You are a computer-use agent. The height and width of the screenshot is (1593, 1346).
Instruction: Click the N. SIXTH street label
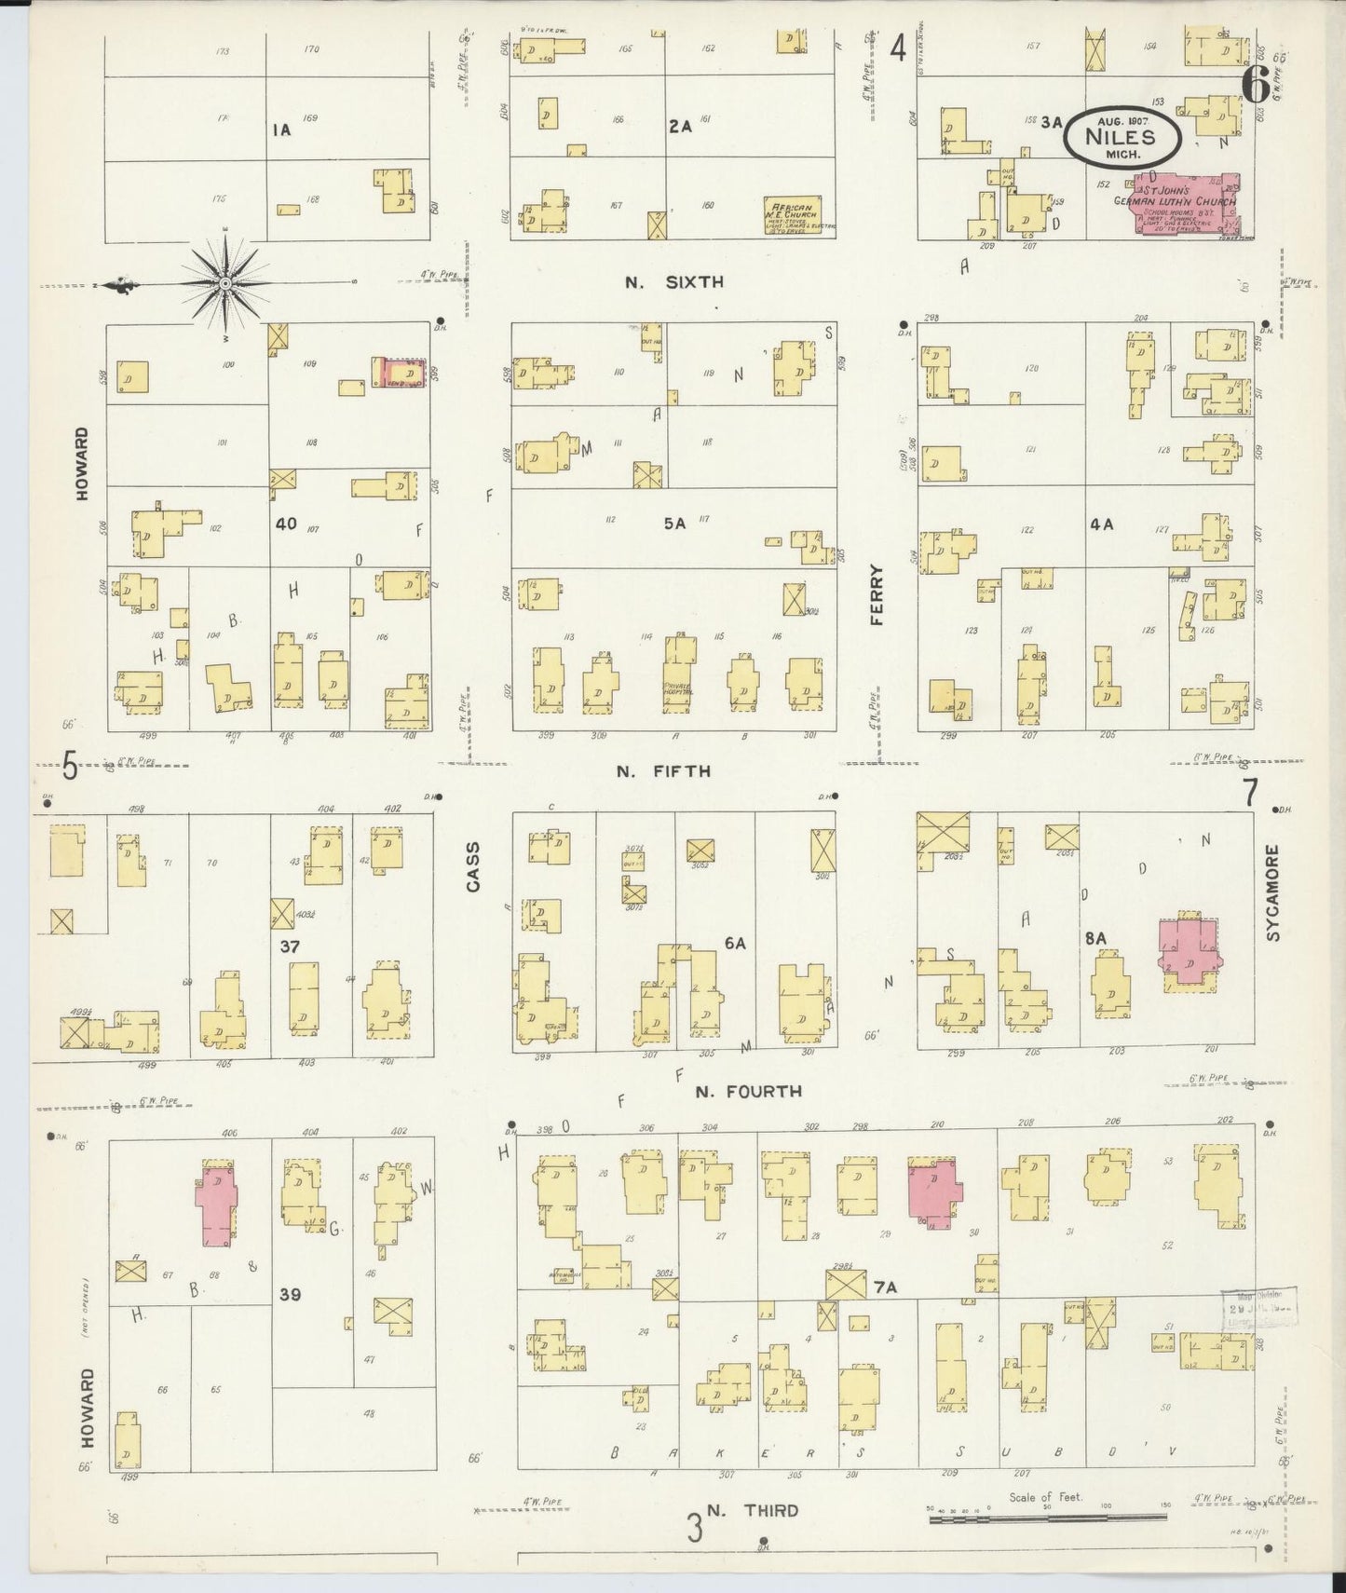pos(674,282)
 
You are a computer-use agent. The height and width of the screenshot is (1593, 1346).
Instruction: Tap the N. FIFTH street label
pos(663,771)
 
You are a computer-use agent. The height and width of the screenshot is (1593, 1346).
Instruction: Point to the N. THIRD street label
pos(752,1510)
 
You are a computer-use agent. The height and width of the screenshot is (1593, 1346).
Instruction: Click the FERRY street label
pos(877,596)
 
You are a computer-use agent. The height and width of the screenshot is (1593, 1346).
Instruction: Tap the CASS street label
pos(473,867)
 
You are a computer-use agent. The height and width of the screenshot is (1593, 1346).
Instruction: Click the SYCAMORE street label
pos(1274,892)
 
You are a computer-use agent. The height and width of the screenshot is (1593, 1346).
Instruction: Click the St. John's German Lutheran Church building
pos(1185,202)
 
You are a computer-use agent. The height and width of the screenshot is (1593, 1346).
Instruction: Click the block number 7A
pos(885,1287)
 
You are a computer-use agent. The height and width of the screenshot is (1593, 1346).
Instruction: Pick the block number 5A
pos(674,524)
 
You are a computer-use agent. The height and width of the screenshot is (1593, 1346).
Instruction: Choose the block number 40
pos(285,524)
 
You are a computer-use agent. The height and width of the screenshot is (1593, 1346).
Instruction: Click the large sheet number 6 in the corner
pos(1254,86)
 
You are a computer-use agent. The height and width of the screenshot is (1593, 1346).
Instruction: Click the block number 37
pos(289,947)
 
